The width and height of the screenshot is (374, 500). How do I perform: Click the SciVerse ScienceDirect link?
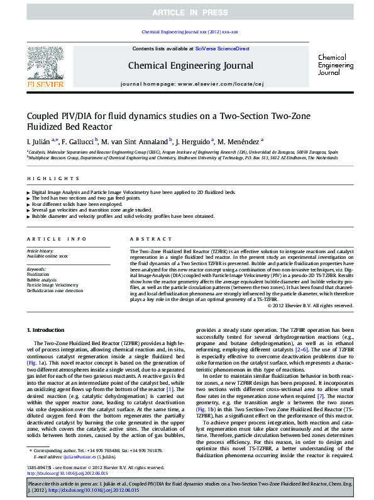tap(222, 48)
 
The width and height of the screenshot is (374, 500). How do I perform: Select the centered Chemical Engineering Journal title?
tap(190, 65)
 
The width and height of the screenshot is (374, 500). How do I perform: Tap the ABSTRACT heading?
tap(146, 239)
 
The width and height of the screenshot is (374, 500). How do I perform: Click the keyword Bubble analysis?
tap(41, 280)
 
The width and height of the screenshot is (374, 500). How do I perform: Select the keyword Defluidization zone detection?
tap(55, 291)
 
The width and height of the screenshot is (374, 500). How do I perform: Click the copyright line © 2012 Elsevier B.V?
tap(310, 305)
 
